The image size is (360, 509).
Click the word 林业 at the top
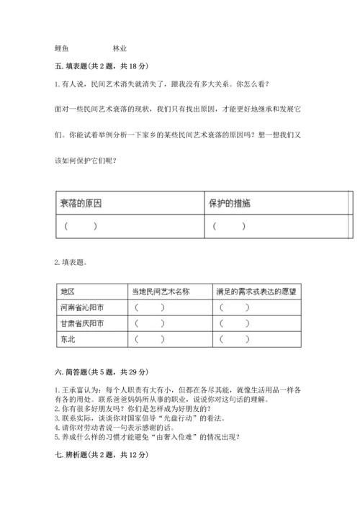pyautogui.click(x=120, y=48)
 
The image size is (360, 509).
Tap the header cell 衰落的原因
pyautogui.click(x=81, y=204)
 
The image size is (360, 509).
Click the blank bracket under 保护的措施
pyautogui.click(x=229, y=226)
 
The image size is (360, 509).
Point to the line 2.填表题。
pyautogui.click(x=72, y=262)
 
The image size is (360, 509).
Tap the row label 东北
pyautogui.click(x=68, y=339)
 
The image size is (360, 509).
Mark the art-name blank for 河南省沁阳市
pyautogui.click(x=149, y=307)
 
